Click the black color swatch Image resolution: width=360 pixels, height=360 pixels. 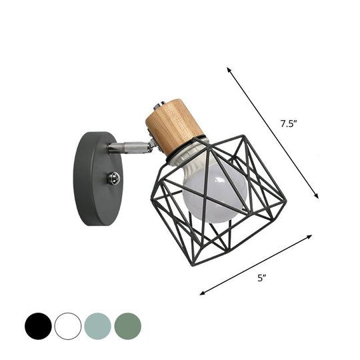[x=38, y=326]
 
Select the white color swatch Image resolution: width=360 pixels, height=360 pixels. [x=68, y=326]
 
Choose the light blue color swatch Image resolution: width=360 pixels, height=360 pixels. [x=97, y=326]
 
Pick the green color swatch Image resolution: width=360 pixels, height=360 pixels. [x=127, y=326]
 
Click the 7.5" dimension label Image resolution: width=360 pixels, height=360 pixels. [x=288, y=123]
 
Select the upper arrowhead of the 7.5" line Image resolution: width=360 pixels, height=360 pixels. [x=229, y=69]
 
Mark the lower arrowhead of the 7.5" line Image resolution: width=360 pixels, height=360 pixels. [x=317, y=196]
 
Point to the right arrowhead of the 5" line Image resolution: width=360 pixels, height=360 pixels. [x=311, y=235]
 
